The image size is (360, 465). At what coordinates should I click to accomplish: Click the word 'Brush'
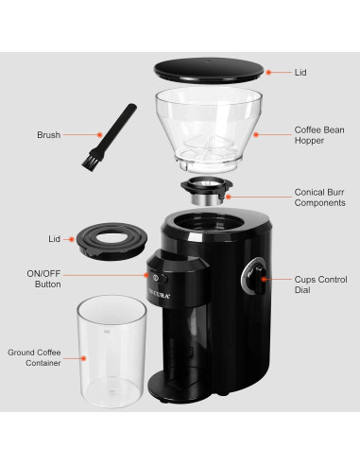pos(49,135)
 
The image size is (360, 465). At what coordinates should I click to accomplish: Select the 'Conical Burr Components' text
pos(319,196)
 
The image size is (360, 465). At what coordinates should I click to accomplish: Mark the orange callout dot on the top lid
pos(267,72)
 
